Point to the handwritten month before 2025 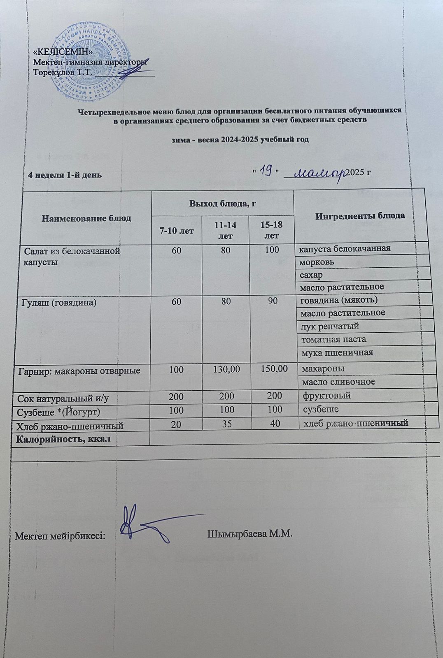click(320, 172)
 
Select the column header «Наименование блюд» click(86, 218)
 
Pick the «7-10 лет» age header click(177, 231)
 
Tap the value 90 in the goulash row click(272, 301)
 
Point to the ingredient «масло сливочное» click(338, 382)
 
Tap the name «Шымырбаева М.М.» click(249, 534)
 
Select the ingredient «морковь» click(317, 262)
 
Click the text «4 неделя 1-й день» click(64, 174)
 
